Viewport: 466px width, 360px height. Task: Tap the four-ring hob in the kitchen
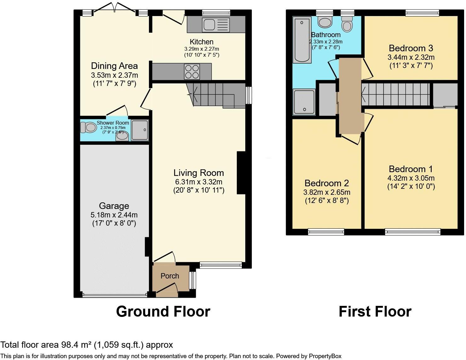coord(192,72)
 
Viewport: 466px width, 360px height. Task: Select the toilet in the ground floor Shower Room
coord(88,127)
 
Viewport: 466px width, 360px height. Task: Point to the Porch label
coord(170,276)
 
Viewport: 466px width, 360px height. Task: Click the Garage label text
coord(114,206)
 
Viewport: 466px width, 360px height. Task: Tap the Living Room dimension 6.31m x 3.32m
coord(198,182)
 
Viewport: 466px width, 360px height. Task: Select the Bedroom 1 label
coord(411,169)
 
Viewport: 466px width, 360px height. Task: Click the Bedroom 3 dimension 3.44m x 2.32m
coord(411,57)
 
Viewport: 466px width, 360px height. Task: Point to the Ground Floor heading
coord(163,312)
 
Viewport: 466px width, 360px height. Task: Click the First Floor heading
coord(375,312)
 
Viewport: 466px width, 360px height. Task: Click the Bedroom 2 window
coord(326,232)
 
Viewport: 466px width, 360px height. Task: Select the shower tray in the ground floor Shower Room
coord(139,130)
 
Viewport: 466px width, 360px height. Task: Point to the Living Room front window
coord(221,265)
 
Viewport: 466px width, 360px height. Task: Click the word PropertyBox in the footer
coord(325,356)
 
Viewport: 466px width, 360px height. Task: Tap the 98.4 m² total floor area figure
coord(74,345)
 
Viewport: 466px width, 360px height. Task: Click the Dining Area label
coord(114,66)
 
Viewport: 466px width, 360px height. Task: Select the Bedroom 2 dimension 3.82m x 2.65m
coord(327,192)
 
